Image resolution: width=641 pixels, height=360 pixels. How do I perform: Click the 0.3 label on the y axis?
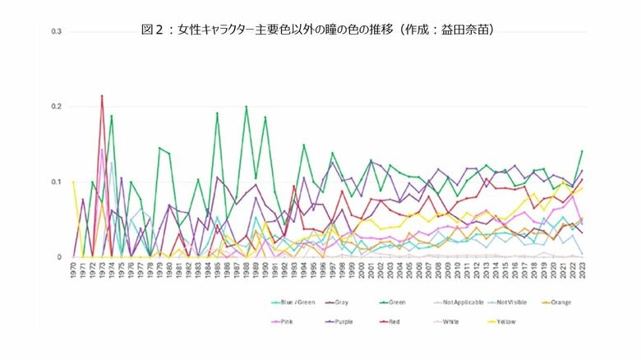[x=57, y=31]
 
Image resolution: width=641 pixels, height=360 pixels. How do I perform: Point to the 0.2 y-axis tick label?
[x=57, y=107]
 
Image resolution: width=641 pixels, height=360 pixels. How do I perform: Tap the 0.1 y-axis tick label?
[x=57, y=182]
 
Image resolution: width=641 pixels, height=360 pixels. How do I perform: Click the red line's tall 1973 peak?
[x=102, y=96]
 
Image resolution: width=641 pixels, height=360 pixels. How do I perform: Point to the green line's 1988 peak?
[x=246, y=107]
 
